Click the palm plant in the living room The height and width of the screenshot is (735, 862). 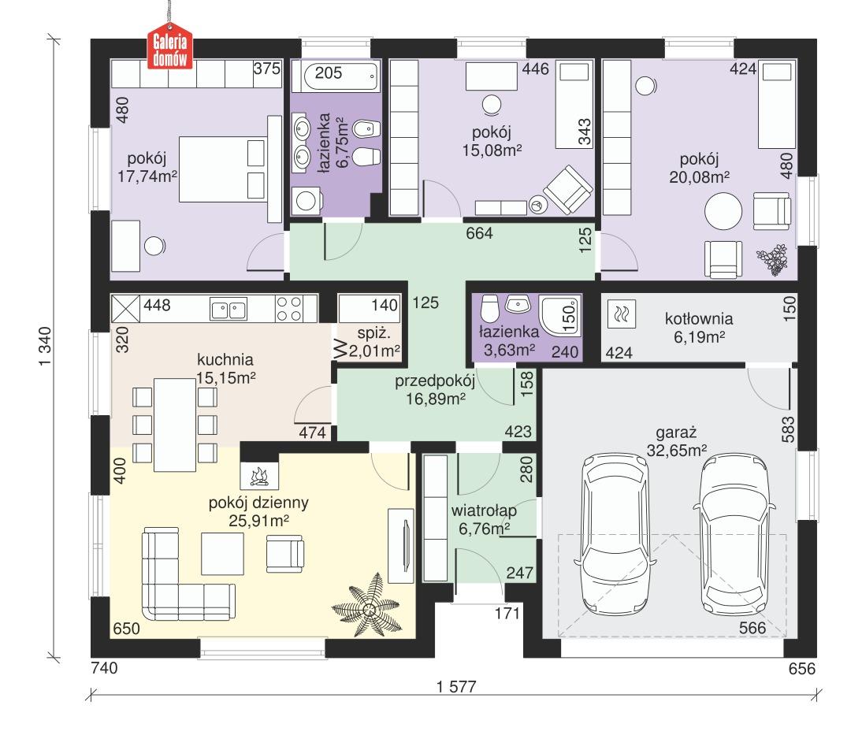point(369,609)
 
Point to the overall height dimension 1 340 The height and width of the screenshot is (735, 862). point(45,343)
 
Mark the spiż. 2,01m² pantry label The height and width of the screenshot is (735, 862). point(374,340)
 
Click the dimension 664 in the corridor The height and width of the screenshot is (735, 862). point(478,234)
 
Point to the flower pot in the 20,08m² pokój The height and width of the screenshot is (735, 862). point(771,261)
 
